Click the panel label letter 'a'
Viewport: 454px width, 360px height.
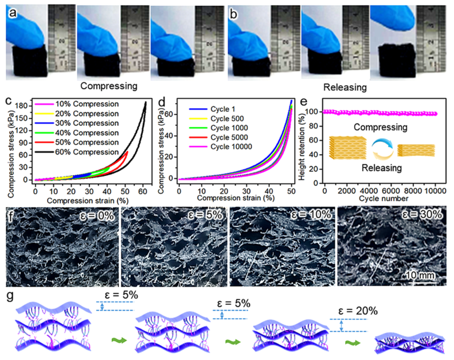[x=9, y=8]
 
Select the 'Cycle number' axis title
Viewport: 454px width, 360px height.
[x=382, y=200]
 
